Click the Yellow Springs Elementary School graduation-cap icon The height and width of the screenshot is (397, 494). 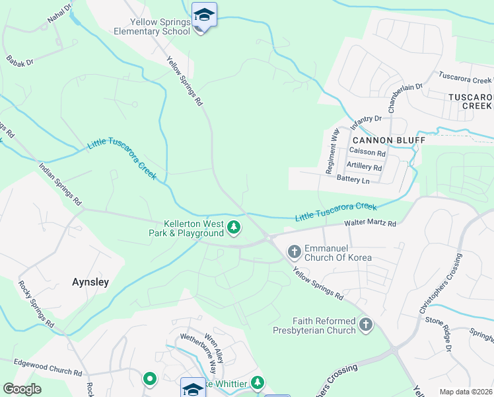pyautogui.click(x=204, y=15)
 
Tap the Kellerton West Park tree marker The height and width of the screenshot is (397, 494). pyautogui.click(x=233, y=228)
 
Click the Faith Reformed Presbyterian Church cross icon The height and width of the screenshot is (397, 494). pyautogui.click(x=366, y=325)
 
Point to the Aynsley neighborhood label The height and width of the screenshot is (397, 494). pyautogui.click(x=90, y=282)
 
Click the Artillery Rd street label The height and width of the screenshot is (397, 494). pyautogui.click(x=364, y=167)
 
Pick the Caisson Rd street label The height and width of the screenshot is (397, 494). pyautogui.click(x=367, y=152)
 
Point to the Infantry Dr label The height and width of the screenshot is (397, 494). pyautogui.click(x=367, y=123)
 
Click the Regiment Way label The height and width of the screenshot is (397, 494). pyautogui.click(x=332, y=151)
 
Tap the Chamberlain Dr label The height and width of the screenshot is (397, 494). pyautogui.click(x=405, y=97)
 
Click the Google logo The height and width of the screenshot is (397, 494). pyautogui.click(x=22, y=389)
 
